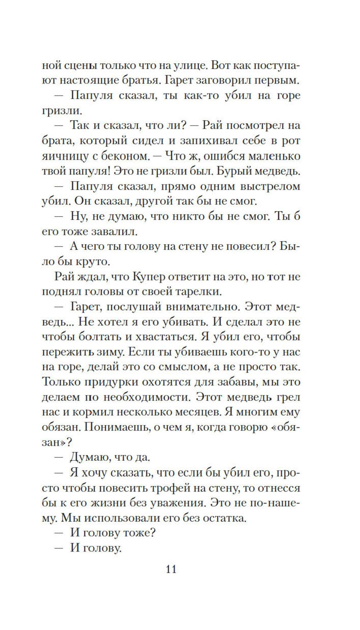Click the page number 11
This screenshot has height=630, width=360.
coord(171,569)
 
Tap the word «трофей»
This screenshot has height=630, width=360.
coord(185,488)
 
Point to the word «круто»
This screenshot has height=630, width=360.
coord(99,262)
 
